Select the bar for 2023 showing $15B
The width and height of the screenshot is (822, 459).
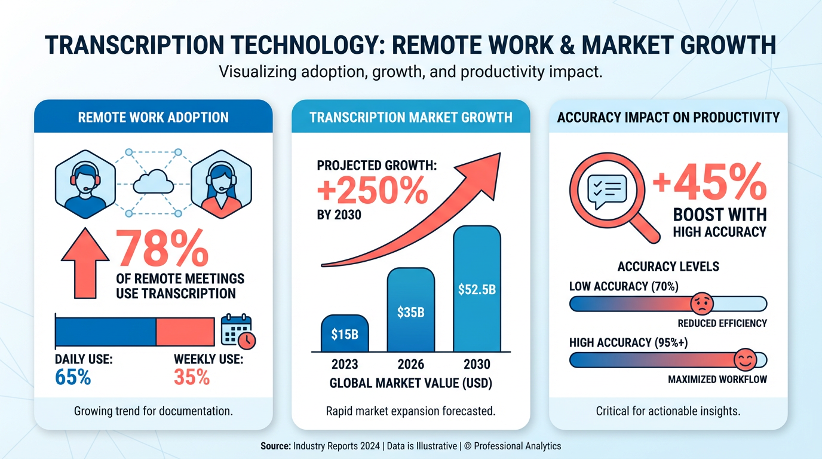click(345, 333)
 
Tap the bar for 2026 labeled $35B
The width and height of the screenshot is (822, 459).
click(410, 310)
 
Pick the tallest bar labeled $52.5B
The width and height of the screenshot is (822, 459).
click(477, 289)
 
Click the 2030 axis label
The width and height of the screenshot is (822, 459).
click(477, 365)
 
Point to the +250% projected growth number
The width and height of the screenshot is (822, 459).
click(372, 192)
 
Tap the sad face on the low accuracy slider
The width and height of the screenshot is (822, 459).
click(700, 304)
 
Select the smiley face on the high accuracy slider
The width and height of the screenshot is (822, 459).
click(744, 360)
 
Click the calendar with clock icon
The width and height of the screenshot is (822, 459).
click(238, 331)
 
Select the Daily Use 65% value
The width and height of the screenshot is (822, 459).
click(73, 377)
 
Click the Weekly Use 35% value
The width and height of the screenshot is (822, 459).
click(192, 377)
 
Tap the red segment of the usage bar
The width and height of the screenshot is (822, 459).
click(185, 331)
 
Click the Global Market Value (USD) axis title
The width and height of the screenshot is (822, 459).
click(410, 383)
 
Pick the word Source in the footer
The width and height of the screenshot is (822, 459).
click(275, 446)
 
